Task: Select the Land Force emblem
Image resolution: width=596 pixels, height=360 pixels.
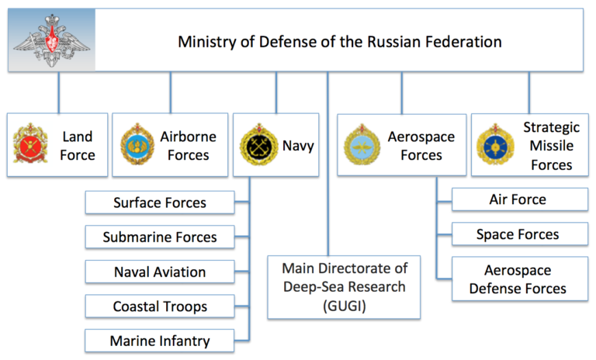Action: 30,145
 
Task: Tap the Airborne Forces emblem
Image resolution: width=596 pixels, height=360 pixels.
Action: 137,145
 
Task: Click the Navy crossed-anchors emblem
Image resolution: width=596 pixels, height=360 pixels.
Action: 257,145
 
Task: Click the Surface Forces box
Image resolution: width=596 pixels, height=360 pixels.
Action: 159,203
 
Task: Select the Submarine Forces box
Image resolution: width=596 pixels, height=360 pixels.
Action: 159,237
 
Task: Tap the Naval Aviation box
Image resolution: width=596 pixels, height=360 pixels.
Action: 159,272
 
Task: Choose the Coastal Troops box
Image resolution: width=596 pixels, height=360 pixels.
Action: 159,306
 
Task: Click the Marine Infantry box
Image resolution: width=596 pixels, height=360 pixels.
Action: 159,341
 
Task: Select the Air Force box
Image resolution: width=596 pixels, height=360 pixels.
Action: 518,199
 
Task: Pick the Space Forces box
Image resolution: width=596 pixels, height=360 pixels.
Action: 518,234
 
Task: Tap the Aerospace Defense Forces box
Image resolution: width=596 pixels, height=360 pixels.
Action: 518,279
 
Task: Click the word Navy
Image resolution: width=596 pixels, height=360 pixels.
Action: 298,145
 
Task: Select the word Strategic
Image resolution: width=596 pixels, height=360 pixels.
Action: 550,127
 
